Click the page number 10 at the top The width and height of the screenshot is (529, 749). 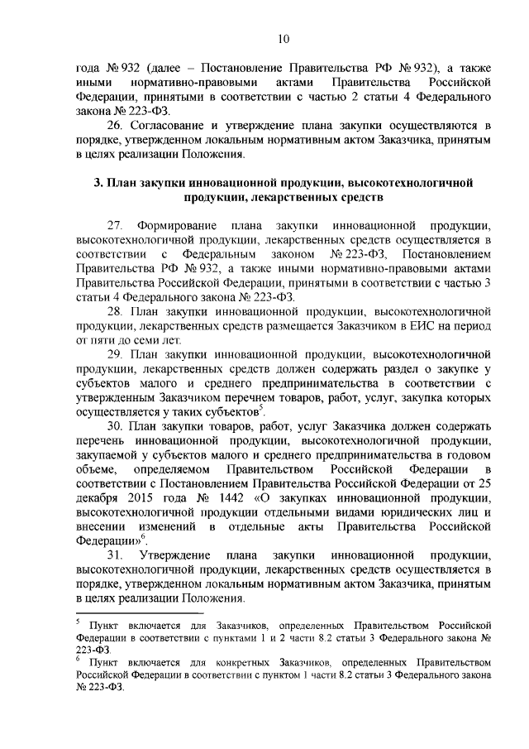pos(284,38)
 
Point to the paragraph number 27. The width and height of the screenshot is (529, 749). pos(115,226)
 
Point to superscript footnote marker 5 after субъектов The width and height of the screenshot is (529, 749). pos(260,408)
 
